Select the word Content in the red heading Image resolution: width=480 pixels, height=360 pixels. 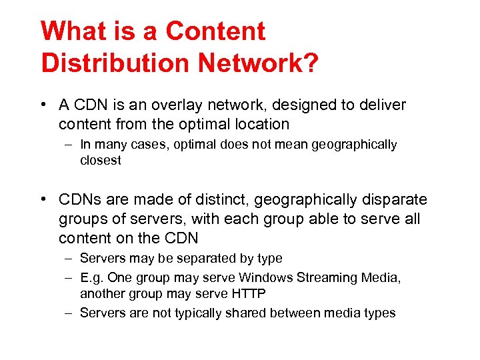[x=215, y=31]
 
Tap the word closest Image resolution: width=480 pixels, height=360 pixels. [x=101, y=161]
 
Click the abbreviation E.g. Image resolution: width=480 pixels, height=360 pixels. [x=91, y=277]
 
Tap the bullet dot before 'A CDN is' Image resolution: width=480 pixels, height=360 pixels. [x=43, y=105]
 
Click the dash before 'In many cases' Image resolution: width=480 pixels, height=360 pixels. [x=68, y=145]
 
